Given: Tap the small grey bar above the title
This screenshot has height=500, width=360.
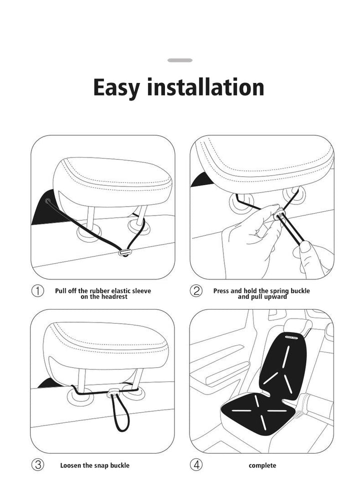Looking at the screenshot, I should [x=180, y=60].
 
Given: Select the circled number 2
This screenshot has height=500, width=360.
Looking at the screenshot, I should [x=196, y=291].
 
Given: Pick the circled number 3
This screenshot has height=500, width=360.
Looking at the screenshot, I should [x=37, y=464].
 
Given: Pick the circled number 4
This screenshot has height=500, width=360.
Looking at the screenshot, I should [x=196, y=464].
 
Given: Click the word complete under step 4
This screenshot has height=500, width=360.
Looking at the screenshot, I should [x=262, y=465].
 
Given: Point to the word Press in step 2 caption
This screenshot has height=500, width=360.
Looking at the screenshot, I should [x=222, y=290].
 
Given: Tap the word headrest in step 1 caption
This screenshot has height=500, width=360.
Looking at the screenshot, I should [x=113, y=296].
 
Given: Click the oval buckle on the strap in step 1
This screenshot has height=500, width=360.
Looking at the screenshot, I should [x=124, y=253].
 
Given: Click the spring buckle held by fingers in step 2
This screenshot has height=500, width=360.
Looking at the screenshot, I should [x=280, y=216].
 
